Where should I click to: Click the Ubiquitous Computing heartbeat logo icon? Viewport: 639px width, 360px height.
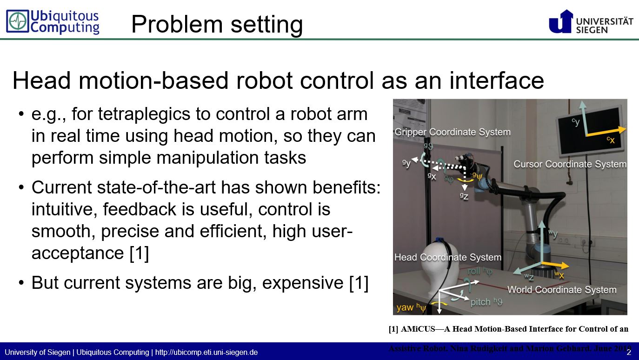pos(18,22)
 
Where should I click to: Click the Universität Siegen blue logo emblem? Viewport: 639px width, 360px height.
pos(560,21)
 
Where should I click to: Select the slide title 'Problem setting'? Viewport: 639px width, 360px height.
pos(217,24)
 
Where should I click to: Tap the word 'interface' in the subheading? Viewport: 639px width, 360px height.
pos(496,80)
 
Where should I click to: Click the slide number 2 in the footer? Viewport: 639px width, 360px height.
pos(628,352)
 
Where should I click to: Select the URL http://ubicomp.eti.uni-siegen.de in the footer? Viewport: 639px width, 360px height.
pos(206,352)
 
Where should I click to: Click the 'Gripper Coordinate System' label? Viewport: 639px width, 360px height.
pos(452,132)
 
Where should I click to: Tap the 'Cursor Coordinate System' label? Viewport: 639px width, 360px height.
pos(570,164)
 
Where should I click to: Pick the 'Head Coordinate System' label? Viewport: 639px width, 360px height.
pos(447,257)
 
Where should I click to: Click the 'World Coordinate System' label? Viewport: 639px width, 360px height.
pos(561,290)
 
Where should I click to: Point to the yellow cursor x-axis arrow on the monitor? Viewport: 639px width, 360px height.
pos(605,132)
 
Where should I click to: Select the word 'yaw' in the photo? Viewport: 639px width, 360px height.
pos(405,307)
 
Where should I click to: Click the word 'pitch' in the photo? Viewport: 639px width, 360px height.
pos(480,302)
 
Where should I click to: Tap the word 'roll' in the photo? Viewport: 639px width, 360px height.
pos(474,271)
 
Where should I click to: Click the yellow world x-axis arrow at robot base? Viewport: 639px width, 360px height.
pos(556,266)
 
